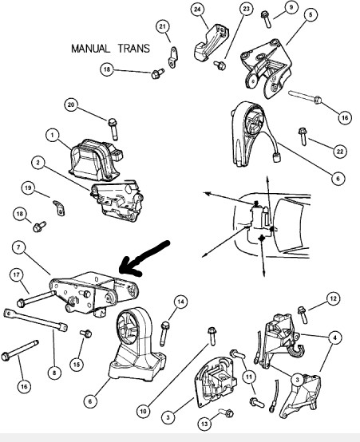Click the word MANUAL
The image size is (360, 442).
90,49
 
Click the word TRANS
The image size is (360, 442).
134,49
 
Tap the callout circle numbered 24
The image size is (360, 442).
197,10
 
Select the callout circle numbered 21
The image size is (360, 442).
163,27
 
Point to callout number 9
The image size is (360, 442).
291,7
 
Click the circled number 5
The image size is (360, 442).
311,14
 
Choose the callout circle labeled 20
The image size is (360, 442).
71,105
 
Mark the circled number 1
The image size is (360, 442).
53,136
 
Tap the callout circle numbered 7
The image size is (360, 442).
19,248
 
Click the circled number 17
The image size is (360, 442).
17,274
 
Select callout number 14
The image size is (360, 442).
180,302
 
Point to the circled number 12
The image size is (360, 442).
334,299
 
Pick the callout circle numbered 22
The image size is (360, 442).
340,152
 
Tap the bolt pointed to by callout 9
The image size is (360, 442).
267,19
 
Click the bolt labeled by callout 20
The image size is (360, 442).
113,129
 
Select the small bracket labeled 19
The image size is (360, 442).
59,207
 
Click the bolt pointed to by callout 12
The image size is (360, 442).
303,314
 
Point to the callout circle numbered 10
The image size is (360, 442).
144,411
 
